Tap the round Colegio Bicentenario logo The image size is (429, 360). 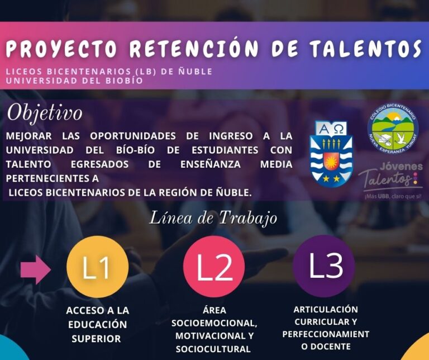[x=393, y=130]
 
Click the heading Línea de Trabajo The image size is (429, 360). [x=213, y=217]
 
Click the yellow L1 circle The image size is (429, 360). [x=97, y=267]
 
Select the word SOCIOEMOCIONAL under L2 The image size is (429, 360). [x=214, y=323]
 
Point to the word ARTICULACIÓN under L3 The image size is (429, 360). [x=326, y=309]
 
